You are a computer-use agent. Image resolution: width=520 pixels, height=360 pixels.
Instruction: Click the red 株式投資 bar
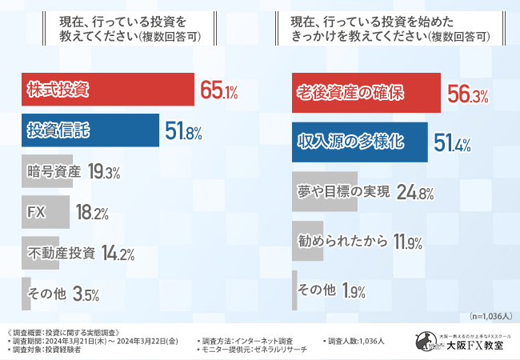tap(108, 90)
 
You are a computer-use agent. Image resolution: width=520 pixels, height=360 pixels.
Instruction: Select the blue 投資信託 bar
tap(88, 131)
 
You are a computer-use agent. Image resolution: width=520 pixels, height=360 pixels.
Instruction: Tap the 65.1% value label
tap(218, 92)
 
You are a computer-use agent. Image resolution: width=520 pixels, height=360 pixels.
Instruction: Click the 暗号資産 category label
tap(53, 171)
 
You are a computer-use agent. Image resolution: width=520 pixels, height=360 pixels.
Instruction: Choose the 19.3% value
tap(104, 172)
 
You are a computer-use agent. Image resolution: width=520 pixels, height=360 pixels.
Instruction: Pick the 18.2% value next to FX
tap(93, 213)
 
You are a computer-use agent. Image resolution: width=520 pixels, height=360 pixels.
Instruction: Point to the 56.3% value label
tap(467, 94)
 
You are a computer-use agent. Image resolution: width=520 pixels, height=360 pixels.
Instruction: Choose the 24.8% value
tap(416, 193)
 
